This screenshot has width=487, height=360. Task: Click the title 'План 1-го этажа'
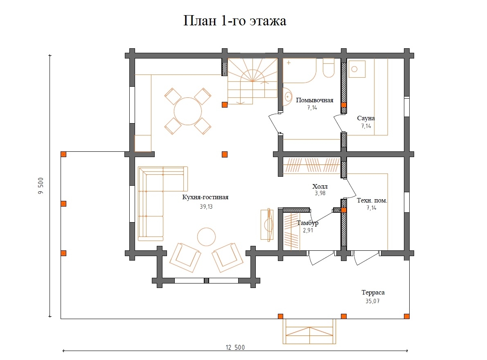pyautogui.click(x=234, y=21)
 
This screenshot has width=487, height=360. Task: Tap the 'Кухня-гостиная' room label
pyautogui.click(x=205, y=197)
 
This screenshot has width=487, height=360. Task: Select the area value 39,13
pyautogui.click(x=205, y=207)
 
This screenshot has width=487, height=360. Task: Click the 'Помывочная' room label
pyautogui.click(x=315, y=100)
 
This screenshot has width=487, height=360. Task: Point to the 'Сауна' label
pyautogui.click(x=365, y=118)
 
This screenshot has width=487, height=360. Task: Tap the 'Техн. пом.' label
pyautogui.click(x=372, y=200)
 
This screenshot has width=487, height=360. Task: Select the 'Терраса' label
pyautogui.click(x=373, y=292)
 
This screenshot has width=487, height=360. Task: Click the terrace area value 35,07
pyautogui.click(x=373, y=301)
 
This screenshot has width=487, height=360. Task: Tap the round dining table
pyautogui.click(x=188, y=111)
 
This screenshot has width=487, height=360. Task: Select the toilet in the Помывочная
pyautogui.click(x=329, y=68)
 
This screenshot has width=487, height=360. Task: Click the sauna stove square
pyautogui.click(x=357, y=69)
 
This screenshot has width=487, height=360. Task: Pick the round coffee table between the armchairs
pyautogui.click(x=206, y=236)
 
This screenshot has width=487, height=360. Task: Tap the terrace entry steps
pyautogui.click(x=310, y=331)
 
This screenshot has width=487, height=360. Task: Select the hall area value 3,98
pyautogui.click(x=320, y=193)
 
